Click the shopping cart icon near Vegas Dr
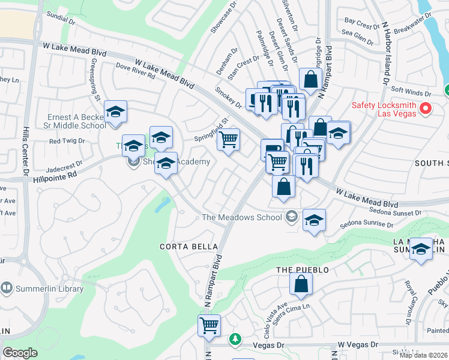click(209, 325)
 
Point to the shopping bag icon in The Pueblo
click(301, 284)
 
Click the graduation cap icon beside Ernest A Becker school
click(115, 111)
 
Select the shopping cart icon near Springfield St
click(228, 139)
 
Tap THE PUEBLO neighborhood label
click(303, 270)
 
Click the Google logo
click(20, 352)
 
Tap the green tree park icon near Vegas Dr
click(235, 340)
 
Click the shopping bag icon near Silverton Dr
click(310, 79)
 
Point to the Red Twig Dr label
click(67, 141)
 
